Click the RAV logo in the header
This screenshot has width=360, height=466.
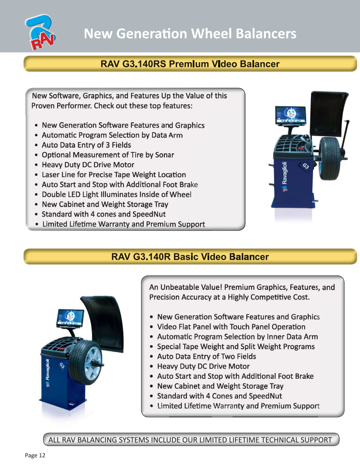(x=40, y=32)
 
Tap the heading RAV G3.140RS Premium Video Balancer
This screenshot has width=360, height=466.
(x=190, y=64)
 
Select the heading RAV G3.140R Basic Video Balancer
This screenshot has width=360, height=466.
(x=190, y=256)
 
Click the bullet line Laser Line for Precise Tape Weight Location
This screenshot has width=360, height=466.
(x=114, y=175)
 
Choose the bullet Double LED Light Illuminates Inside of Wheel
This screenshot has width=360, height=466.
(x=116, y=194)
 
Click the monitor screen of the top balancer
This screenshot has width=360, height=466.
(x=291, y=115)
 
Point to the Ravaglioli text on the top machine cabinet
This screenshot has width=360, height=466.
(x=285, y=173)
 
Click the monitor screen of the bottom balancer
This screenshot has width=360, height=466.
(x=70, y=318)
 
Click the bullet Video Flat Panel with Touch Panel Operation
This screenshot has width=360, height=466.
(x=231, y=327)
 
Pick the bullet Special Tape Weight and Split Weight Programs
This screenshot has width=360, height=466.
(x=236, y=347)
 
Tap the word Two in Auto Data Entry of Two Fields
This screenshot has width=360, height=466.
(x=228, y=356)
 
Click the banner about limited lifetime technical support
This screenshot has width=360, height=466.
(x=191, y=440)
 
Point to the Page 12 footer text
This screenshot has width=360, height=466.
(x=35, y=455)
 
